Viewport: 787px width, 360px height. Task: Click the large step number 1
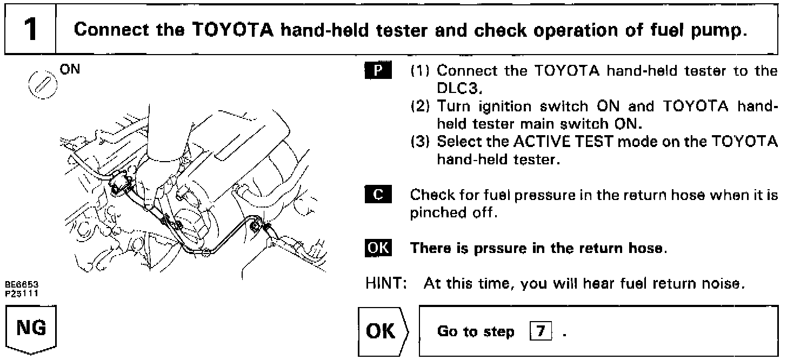pyautogui.click(x=29, y=29)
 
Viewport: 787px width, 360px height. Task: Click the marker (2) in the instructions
pyautogui.click(x=421, y=108)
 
